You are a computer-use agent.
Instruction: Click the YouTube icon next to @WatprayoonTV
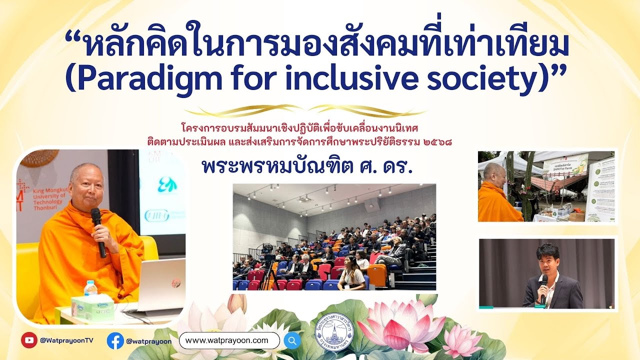tap(29, 340)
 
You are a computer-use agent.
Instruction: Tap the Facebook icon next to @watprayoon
tap(115, 340)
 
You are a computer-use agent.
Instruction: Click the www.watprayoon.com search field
tap(229, 340)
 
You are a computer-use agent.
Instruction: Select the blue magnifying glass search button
tap(292, 340)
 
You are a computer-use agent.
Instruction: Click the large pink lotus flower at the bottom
tap(400, 325)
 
